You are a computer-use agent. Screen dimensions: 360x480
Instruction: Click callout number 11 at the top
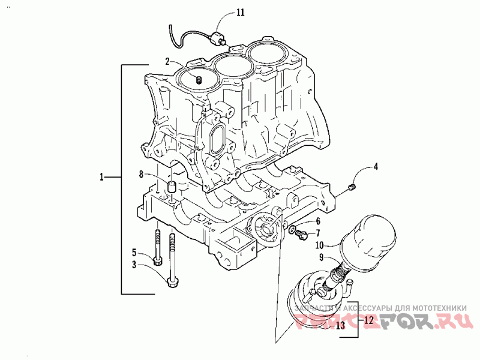pyautogui.click(x=241, y=12)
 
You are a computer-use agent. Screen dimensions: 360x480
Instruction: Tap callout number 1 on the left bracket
pyautogui.click(x=102, y=177)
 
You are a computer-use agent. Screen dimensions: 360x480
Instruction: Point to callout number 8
pyautogui.click(x=142, y=175)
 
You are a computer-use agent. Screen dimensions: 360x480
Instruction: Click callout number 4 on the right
pyautogui.click(x=376, y=167)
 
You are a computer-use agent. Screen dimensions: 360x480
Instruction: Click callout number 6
pyautogui.click(x=319, y=221)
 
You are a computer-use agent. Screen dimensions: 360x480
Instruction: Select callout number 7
pyautogui.click(x=319, y=233)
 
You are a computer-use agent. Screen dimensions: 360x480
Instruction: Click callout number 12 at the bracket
pyautogui.click(x=369, y=320)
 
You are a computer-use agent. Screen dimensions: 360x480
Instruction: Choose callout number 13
pyautogui.click(x=340, y=326)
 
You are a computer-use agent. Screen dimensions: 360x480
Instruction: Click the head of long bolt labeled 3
pyautogui.click(x=175, y=282)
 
